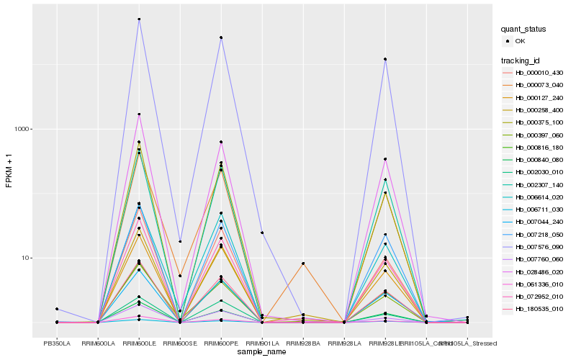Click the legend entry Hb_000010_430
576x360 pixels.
pyautogui.click(x=534, y=72)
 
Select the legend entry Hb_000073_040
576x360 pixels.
pyautogui.click(x=534, y=85)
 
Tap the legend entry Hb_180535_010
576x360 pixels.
pyautogui.click(x=534, y=309)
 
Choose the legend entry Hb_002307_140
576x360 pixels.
pyautogui.click(x=534, y=184)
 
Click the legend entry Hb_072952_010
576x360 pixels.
pyautogui.click(x=534, y=296)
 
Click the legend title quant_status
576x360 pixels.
pyautogui.click(x=524, y=29)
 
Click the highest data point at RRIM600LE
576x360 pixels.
pyautogui.click(x=139, y=19)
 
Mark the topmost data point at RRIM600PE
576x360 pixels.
pyautogui.click(x=221, y=37)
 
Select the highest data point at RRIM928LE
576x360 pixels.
pyautogui.click(x=385, y=59)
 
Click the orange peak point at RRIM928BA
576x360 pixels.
pyautogui.click(x=303, y=264)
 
